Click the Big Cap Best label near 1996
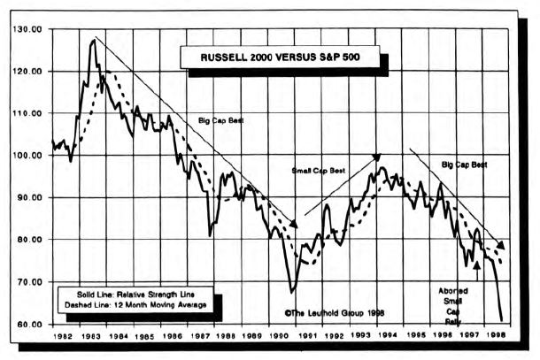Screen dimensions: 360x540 tap(464, 165)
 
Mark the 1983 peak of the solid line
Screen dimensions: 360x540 tap(93, 39)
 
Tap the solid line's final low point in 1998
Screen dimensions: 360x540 tap(501, 320)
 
